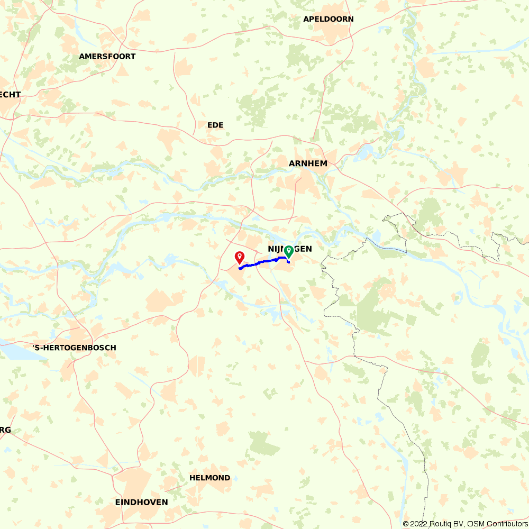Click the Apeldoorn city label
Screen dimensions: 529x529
pyautogui.click(x=328, y=19)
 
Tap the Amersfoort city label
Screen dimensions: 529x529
pyautogui.click(x=107, y=56)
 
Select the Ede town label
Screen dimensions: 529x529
pyautogui.click(x=215, y=125)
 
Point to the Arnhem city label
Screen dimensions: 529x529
pyautogui.click(x=308, y=163)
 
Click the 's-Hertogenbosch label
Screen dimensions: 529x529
pyautogui.click(x=74, y=348)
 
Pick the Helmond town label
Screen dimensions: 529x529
pyautogui.click(x=209, y=478)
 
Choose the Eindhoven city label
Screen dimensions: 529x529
pyautogui.click(x=141, y=502)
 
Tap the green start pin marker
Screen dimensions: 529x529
pyautogui.click(x=288, y=251)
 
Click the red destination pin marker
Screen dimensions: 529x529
pyautogui.click(x=240, y=257)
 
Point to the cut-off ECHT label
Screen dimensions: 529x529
pyautogui.click(x=10, y=95)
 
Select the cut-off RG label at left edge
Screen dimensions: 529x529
pyautogui.click(x=5, y=430)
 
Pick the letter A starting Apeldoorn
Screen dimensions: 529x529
pyautogui.click(x=306, y=19)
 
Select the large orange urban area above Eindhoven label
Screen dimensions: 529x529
pyautogui.click(x=132, y=481)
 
